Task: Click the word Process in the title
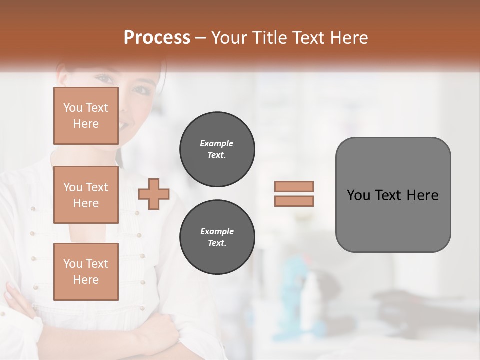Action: (x=157, y=38)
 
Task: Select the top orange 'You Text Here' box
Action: (x=86, y=116)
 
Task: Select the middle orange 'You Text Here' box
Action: (x=86, y=195)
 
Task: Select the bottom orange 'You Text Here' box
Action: (x=86, y=271)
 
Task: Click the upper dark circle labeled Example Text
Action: (x=217, y=149)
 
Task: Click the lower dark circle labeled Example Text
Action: (x=217, y=237)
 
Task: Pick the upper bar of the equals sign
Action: (x=294, y=186)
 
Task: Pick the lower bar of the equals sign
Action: (x=294, y=201)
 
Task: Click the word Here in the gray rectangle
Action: (x=422, y=195)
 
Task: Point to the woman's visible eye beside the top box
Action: (x=141, y=90)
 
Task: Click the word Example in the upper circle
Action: (x=217, y=143)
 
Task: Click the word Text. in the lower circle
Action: (x=217, y=243)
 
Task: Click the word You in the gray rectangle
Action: (x=358, y=195)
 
